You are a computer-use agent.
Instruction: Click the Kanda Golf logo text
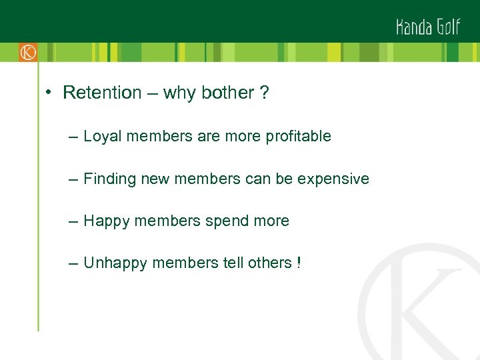pos(428,26)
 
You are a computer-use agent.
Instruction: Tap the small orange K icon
pos(28,52)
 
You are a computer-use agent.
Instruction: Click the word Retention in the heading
pos(102,93)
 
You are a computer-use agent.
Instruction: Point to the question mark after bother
pos(265,93)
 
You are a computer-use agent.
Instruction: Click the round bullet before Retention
pos(50,93)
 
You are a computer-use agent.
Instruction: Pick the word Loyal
pos(102,137)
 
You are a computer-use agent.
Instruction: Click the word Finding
pos(110,179)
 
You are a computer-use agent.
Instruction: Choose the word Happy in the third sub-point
pos(107,221)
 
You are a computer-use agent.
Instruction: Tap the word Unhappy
pos(115,263)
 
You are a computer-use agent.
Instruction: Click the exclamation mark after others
pos(298,263)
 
